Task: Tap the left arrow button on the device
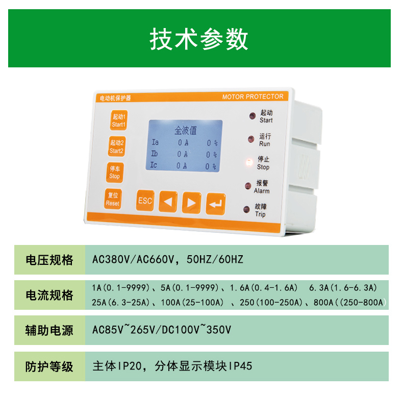point(168,202)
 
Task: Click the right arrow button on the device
point(191,203)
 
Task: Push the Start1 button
point(119,120)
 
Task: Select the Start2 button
point(117,146)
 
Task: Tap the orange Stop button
point(115,173)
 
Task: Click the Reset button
point(113,199)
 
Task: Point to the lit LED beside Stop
point(249,162)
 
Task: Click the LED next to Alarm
point(248,185)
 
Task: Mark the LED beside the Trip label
point(246,209)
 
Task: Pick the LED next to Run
point(251,139)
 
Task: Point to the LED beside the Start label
point(253,116)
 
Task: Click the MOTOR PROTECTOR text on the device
point(253,96)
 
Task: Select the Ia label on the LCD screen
point(155,142)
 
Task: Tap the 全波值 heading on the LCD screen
point(186,130)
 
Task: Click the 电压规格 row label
point(49,260)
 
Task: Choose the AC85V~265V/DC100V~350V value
point(162,330)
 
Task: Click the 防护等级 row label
point(49,366)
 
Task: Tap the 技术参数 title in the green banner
point(198,39)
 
